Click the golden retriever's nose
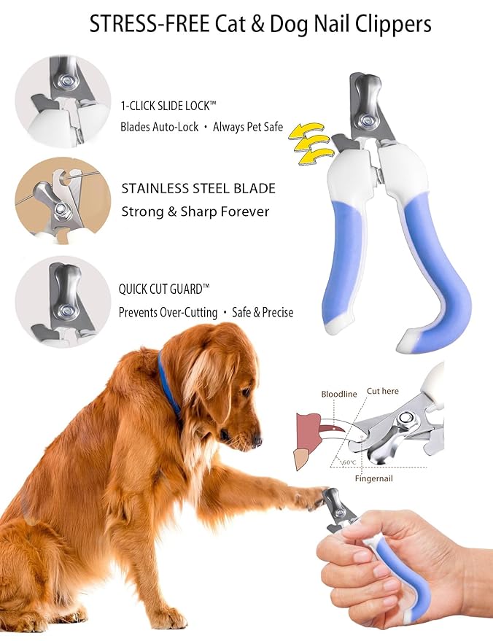(x=256, y=440)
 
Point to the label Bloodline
(x=339, y=394)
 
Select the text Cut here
(x=382, y=391)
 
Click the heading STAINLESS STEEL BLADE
(x=198, y=188)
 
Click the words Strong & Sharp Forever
(x=195, y=212)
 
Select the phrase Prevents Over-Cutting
(x=168, y=312)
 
